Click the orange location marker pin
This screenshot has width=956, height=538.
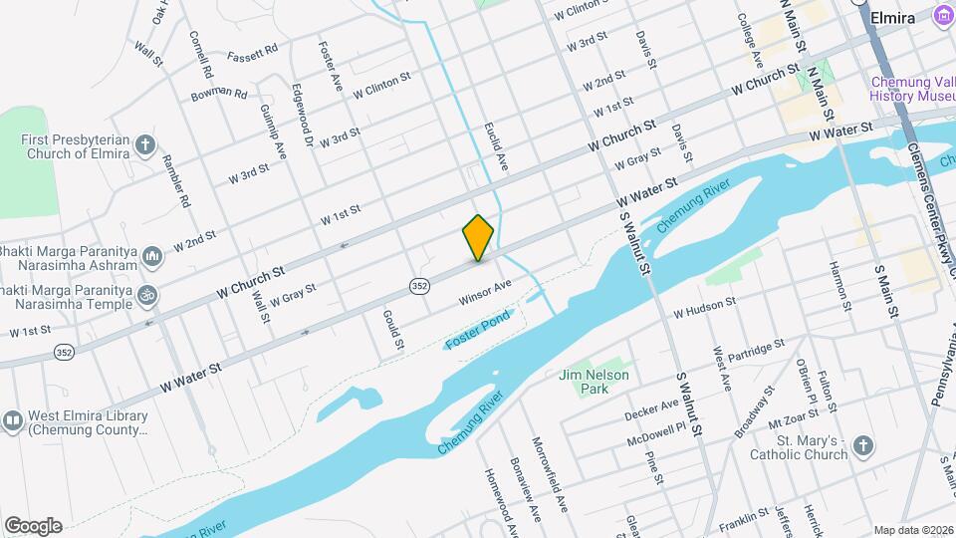click(479, 237)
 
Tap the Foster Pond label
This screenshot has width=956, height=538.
click(478, 330)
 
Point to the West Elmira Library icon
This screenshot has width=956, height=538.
click(13, 422)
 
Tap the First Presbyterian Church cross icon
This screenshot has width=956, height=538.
click(145, 146)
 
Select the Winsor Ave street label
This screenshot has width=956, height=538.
click(485, 292)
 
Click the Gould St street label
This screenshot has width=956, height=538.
click(392, 329)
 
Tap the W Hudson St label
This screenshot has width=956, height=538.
click(704, 306)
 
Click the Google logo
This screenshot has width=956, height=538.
click(33, 526)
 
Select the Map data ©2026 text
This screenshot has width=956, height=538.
click(912, 530)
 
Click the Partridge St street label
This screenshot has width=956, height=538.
click(756, 352)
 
